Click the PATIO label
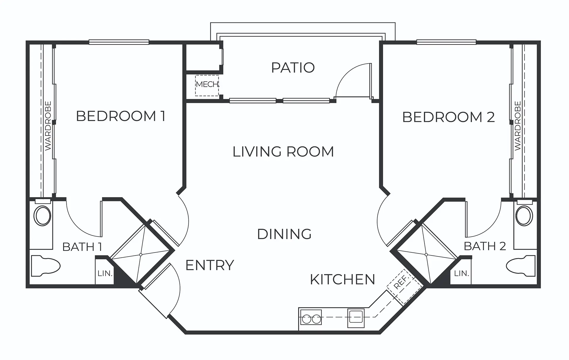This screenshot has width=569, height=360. pos(293,68)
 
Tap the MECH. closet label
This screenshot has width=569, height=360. pos(207,84)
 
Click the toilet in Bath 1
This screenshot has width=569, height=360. pos(46,266)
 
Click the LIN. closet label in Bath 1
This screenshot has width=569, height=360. pos(105,273)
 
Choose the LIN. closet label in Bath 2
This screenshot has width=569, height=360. pos(461,273)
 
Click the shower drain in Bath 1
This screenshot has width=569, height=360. pos(141,255)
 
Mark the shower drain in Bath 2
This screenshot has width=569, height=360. pos(426,255)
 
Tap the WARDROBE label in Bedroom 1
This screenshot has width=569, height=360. pos(48,126)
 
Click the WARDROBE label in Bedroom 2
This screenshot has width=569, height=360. pos(518,126)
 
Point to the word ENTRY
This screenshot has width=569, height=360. pos(210,265)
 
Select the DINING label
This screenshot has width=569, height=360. pos(284,234)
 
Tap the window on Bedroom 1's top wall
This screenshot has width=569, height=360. pos(119,42)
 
